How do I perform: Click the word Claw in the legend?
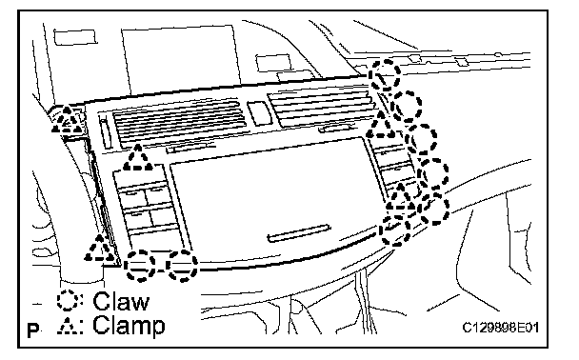(x=121, y=301)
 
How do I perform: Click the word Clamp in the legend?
(x=129, y=326)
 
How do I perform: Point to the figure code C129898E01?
(x=501, y=327)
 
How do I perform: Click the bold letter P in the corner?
(x=33, y=330)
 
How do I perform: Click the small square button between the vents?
(x=259, y=113)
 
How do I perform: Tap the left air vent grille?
(x=180, y=123)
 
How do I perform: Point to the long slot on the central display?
(x=299, y=232)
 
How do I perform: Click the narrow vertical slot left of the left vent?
(x=105, y=132)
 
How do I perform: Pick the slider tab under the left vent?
(x=190, y=148)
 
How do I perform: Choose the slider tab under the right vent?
(x=335, y=129)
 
